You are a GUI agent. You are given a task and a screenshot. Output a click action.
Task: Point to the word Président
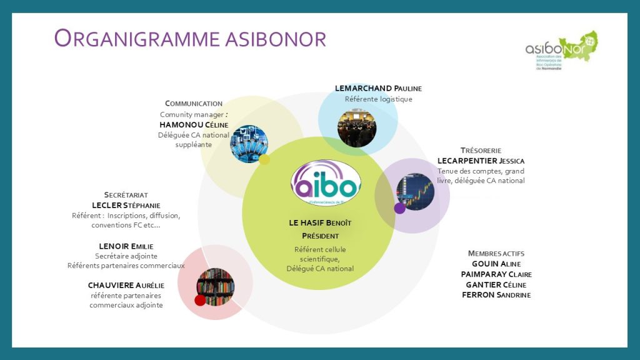(320, 236)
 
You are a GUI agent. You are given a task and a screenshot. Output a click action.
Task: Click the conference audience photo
(357, 127)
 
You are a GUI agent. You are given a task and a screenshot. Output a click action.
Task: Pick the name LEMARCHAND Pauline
(378, 89)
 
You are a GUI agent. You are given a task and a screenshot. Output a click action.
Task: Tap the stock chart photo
(415, 192)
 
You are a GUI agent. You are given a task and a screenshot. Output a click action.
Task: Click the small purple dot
(400, 208)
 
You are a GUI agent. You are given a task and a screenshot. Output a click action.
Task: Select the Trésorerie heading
(481, 151)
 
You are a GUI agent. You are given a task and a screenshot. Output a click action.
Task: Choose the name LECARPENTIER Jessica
(481, 161)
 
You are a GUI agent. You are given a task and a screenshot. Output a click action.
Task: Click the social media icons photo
(249, 144)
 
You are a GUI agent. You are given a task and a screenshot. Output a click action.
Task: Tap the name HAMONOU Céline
(194, 124)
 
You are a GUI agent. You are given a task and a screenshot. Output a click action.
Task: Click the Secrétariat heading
(126, 195)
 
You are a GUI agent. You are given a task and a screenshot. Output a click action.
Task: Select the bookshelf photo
(216, 287)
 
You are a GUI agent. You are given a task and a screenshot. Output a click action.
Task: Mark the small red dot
(200, 300)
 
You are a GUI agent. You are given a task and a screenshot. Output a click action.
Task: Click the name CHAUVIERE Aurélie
(126, 286)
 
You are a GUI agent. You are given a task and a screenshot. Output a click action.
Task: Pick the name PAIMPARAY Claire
(496, 274)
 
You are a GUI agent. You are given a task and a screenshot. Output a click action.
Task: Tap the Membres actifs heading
(496, 253)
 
